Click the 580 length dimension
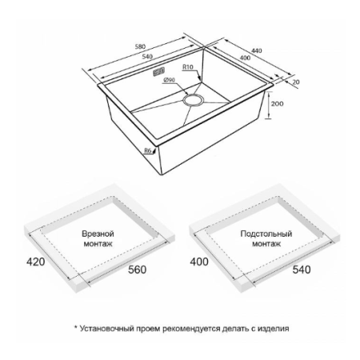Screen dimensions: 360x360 point(140,46)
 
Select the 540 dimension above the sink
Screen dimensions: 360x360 point(147,57)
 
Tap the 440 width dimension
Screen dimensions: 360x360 point(257,50)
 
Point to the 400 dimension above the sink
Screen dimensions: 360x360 point(245,58)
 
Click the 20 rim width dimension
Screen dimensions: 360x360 point(296,82)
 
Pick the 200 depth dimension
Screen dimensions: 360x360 point(277,104)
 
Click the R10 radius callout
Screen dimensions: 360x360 point(188,67)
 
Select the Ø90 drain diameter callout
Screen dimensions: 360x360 point(168,80)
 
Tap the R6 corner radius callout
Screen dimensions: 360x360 point(148,150)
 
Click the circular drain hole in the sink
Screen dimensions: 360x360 point(194,100)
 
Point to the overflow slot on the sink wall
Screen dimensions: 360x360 point(159,72)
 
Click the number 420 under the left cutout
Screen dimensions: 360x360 point(36,262)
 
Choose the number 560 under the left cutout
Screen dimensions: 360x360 point(137,270)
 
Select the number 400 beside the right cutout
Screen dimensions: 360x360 point(199,262)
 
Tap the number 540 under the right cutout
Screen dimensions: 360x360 point(302,270)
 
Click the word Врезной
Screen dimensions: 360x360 point(98,234)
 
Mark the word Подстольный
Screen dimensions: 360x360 point(266,234)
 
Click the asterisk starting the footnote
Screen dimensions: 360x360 point(76,327)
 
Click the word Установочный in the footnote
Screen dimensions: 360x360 point(106,329)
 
